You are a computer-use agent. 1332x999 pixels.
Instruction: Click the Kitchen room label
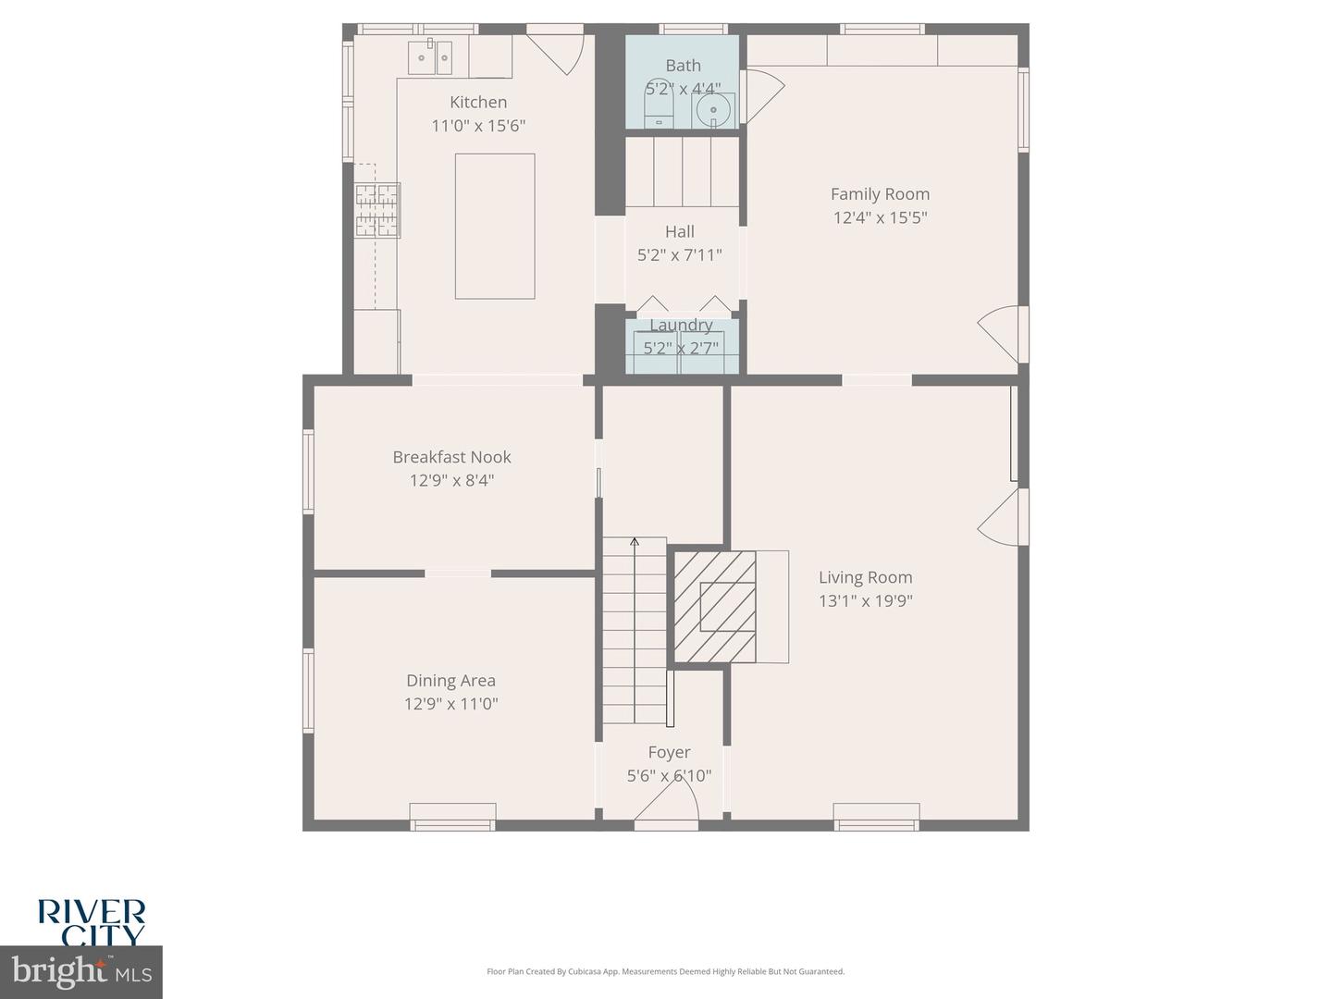(478, 102)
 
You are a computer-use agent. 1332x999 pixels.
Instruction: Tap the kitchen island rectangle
(495, 226)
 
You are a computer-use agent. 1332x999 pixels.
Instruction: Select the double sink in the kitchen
(431, 57)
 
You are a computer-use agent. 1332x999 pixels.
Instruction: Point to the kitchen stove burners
(377, 211)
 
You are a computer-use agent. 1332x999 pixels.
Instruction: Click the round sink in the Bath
(713, 111)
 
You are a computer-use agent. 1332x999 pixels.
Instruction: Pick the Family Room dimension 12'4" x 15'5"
(880, 217)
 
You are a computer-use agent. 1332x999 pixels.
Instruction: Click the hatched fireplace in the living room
(714, 607)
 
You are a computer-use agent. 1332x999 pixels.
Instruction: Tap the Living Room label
(865, 577)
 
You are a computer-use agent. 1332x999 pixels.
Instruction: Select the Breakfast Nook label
(451, 457)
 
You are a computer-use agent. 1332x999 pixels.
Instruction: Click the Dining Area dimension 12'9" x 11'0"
(450, 704)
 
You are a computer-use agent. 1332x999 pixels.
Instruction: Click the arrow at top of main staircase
(635, 541)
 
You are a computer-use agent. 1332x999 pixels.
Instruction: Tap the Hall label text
(680, 231)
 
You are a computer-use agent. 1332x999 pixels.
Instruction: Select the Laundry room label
(681, 325)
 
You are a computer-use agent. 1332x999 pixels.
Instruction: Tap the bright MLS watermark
(81, 971)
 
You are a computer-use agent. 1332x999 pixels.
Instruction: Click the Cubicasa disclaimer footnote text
(665, 971)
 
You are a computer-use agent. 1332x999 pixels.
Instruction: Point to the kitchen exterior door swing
(557, 52)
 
